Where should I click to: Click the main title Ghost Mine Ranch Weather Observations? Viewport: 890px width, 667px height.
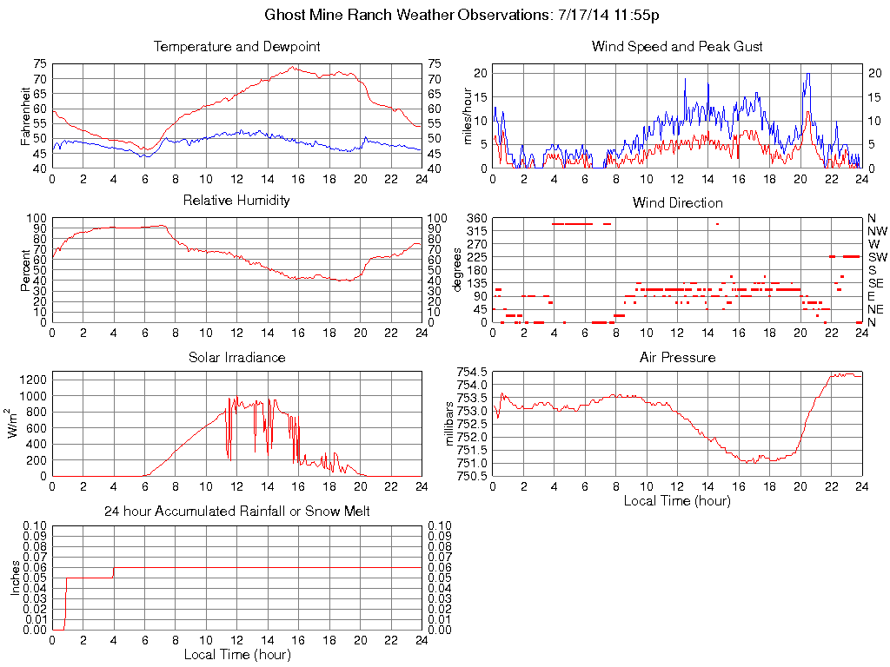click(467, 16)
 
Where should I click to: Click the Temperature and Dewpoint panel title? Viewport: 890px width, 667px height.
click(236, 47)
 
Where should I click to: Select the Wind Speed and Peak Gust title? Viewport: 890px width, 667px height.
click(677, 47)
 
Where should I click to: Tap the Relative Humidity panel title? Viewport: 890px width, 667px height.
click(236, 201)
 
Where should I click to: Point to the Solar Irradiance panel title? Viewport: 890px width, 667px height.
click(236, 357)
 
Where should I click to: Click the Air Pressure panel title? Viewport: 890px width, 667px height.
click(677, 357)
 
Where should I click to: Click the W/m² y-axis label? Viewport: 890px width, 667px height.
click(14, 424)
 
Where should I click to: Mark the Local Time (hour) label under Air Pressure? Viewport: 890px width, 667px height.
click(677, 500)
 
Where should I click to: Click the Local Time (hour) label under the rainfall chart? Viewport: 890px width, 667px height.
click(236, 654)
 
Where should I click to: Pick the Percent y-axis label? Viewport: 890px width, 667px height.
click(25, 269)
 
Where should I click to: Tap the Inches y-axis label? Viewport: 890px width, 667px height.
click(14, 578)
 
